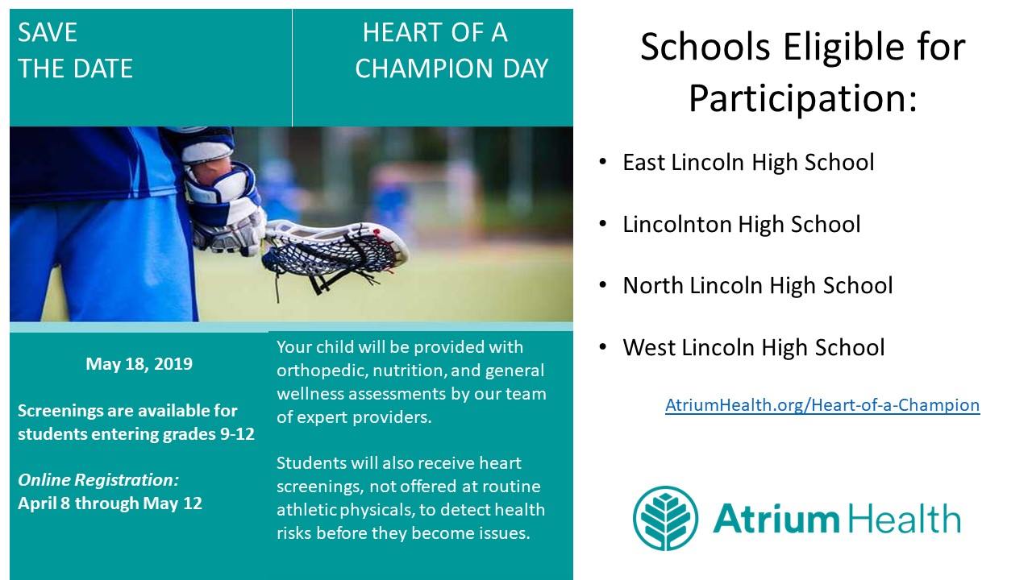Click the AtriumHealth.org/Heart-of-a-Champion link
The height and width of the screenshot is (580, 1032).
(822, 405)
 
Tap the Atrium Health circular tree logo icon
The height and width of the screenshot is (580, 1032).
(665, 518)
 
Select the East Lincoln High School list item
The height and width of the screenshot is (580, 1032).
(748, 162)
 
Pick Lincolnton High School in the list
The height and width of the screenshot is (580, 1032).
(741, 224)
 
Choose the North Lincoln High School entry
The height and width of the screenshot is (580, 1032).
(757, 285)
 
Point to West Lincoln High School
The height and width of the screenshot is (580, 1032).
(753, 347)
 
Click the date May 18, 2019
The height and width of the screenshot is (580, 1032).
(139, 364)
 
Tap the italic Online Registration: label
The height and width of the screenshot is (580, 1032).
(98, 479)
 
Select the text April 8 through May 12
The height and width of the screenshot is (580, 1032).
(110, 503)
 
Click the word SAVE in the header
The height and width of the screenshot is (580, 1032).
(47, 33)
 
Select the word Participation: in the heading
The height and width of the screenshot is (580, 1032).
(803, 98)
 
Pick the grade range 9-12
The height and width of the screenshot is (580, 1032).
(237, 434)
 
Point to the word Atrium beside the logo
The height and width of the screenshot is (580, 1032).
(776, 518)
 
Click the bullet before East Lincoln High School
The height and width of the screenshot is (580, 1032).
(602, 162)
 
